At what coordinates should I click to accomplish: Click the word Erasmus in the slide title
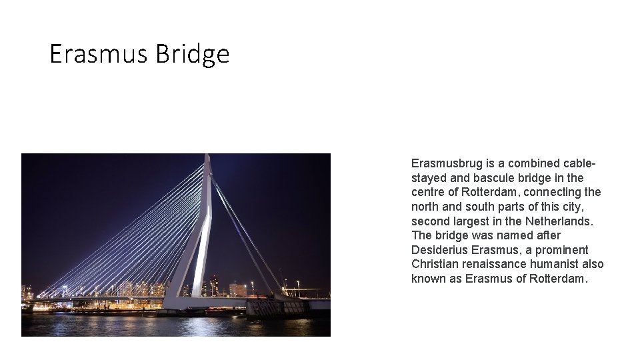coord(99,54)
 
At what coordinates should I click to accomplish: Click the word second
coord(431,221)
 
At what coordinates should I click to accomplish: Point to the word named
coord(521,235)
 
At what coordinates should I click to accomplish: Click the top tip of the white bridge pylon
coord(207,156)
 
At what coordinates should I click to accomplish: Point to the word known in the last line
coord(428,279)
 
